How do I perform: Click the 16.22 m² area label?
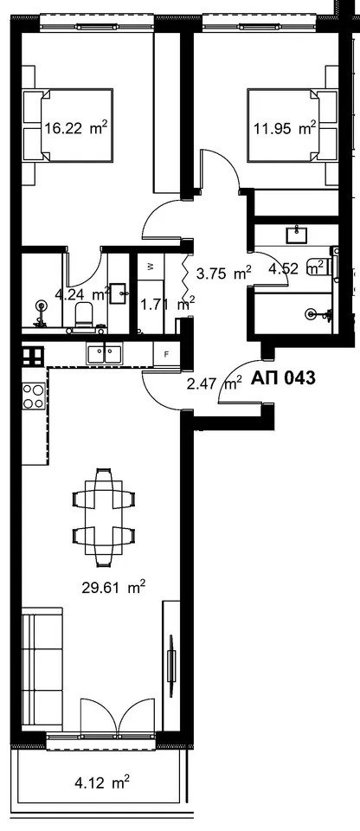tap(76, 128)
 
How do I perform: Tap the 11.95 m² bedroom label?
tap(284, 128)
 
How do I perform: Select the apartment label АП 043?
tap(283, 378)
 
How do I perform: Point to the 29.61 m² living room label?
tap(113, 587)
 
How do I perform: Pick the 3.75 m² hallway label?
tap(223, 274)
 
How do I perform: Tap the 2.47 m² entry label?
tap(215, 383)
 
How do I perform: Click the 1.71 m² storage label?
tap(167, 305)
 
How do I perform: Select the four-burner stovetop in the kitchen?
tap(33, 396)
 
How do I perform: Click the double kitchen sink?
tap(105, 353)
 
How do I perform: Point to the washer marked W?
tap(151, 267)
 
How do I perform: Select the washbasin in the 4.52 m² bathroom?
tap(296, 234)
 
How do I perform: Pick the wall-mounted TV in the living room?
tap(170, 660)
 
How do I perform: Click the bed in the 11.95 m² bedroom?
tap(292, 125)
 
